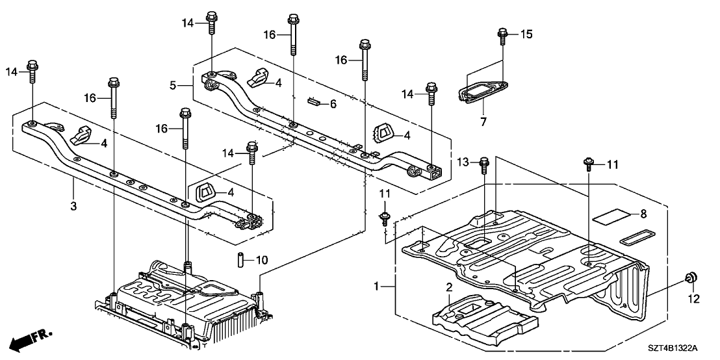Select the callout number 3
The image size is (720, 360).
pyautogui.click(x=73, y=206)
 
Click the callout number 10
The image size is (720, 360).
pyautogui.click(x=261, y=261)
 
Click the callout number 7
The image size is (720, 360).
pyautogui.click(x=483, y=121)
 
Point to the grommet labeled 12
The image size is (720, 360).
pyautogui.click(x=692, y=279)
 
